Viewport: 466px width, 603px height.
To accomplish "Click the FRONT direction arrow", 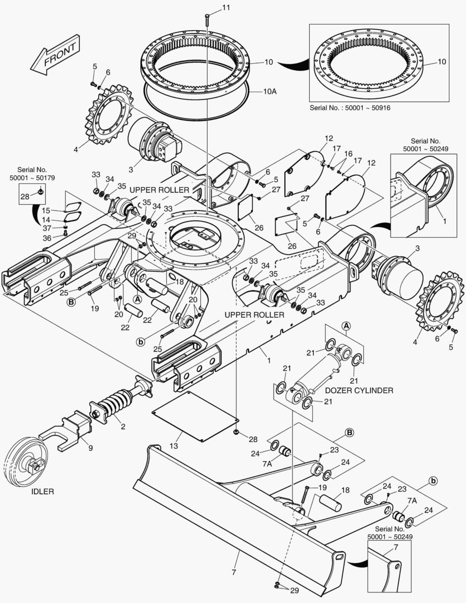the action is [55, 55].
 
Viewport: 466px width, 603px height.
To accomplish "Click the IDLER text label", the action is [42, 491].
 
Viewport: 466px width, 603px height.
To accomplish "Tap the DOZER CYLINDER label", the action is [359, 390].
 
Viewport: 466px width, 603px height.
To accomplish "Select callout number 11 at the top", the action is [227, 7].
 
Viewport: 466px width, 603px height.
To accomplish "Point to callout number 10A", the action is [270, 92].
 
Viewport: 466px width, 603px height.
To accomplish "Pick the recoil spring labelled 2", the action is [112, 403].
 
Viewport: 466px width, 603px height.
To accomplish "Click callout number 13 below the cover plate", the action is [174, 446].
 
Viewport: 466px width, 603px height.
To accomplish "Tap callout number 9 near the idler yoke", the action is [91, 448].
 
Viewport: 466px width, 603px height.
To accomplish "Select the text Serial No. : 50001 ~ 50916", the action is [349, 108].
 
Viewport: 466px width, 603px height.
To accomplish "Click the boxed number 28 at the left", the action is [25, 197].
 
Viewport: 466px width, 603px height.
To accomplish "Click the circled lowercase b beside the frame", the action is [141, 341].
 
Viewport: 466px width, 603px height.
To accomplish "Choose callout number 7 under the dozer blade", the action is [234, 572].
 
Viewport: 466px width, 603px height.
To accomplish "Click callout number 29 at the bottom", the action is [294, 590].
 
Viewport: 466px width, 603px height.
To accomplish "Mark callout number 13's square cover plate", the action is [195, 416].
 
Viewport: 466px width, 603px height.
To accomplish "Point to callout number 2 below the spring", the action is [123, 427].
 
